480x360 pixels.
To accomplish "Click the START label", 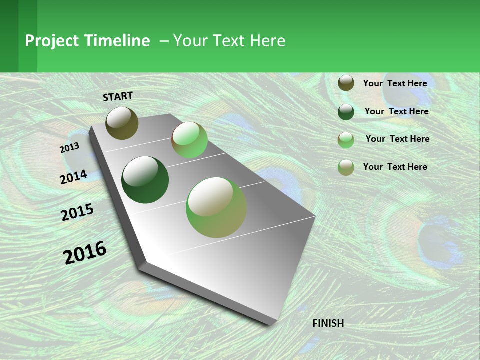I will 118,96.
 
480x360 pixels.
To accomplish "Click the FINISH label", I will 328,323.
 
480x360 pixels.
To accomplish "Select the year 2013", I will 69,148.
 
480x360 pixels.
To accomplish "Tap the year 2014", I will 73,177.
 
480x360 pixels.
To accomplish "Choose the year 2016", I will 85,253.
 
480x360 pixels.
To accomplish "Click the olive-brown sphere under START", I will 122,123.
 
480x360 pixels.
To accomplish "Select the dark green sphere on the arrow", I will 145,180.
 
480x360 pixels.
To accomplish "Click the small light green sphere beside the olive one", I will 189,140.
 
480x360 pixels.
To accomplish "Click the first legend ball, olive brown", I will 346,83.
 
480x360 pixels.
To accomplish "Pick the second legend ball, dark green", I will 346,112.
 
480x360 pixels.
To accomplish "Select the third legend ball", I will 346,140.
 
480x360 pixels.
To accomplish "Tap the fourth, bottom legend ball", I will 346,167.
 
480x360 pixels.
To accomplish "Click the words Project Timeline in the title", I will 87,41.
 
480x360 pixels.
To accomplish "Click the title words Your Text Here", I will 229,41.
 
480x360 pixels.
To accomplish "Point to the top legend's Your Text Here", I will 395,83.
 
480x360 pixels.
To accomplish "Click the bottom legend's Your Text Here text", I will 395,167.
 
